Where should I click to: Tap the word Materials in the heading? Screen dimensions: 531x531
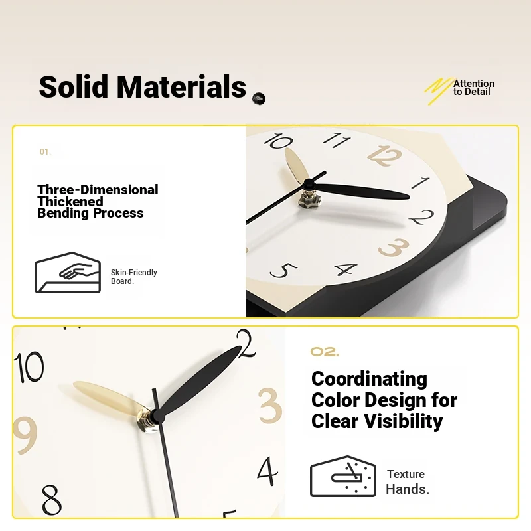[181, 86]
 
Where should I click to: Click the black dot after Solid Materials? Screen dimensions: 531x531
[259, 98]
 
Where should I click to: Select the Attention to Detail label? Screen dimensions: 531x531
[474, 88]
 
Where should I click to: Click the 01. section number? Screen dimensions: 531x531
[45, 152]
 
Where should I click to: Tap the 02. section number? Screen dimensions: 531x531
[325, 352]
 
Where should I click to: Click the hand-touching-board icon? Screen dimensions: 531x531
[68, 273]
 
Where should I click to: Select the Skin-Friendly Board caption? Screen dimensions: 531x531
[134, 277]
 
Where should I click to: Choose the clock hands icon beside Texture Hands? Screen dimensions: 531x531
[342, 476]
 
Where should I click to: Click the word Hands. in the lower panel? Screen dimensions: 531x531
[408, 489]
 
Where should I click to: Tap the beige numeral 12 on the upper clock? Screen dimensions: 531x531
[384, 156]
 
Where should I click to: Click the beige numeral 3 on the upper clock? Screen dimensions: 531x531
[394, 247]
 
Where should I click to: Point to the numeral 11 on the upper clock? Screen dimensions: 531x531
[337, 139]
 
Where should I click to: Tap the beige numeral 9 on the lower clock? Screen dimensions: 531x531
[25, 435]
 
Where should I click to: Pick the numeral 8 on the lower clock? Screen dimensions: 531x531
[52, 500]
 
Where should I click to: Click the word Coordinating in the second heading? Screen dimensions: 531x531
[369, 379]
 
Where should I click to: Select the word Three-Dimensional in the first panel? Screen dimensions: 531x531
[98, 190]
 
